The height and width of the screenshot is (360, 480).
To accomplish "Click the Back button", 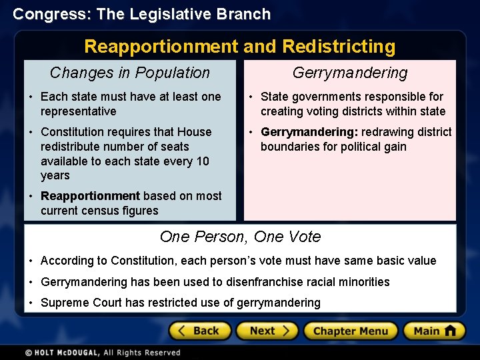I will pyautogui.click(x=200, y=331).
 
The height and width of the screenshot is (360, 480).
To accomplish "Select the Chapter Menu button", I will pyautogui.click(x=351, y=331).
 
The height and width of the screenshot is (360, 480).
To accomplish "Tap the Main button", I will pyautogui.click(x=434, y=331).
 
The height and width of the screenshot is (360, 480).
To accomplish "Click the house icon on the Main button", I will pyautogui.click(x=451, y=331).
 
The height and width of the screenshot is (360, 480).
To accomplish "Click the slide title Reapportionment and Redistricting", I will pyautogui.click(x=239, y=47).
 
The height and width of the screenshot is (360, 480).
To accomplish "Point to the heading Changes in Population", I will pyautogui.click(x=130, y=73).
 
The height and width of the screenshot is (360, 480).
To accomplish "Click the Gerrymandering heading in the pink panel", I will pyautogui.click(x=350, y=73).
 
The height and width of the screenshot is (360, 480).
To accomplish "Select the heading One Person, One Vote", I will pyautogui.click(x=240, y=237).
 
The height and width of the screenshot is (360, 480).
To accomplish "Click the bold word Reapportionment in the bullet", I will pyautogui.click(x=90, y=196).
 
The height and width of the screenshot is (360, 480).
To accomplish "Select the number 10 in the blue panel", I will pyautogui.click(x=202, y=161).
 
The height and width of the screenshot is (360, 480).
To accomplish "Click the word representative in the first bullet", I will pyautogui.click(x=78, y=111).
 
